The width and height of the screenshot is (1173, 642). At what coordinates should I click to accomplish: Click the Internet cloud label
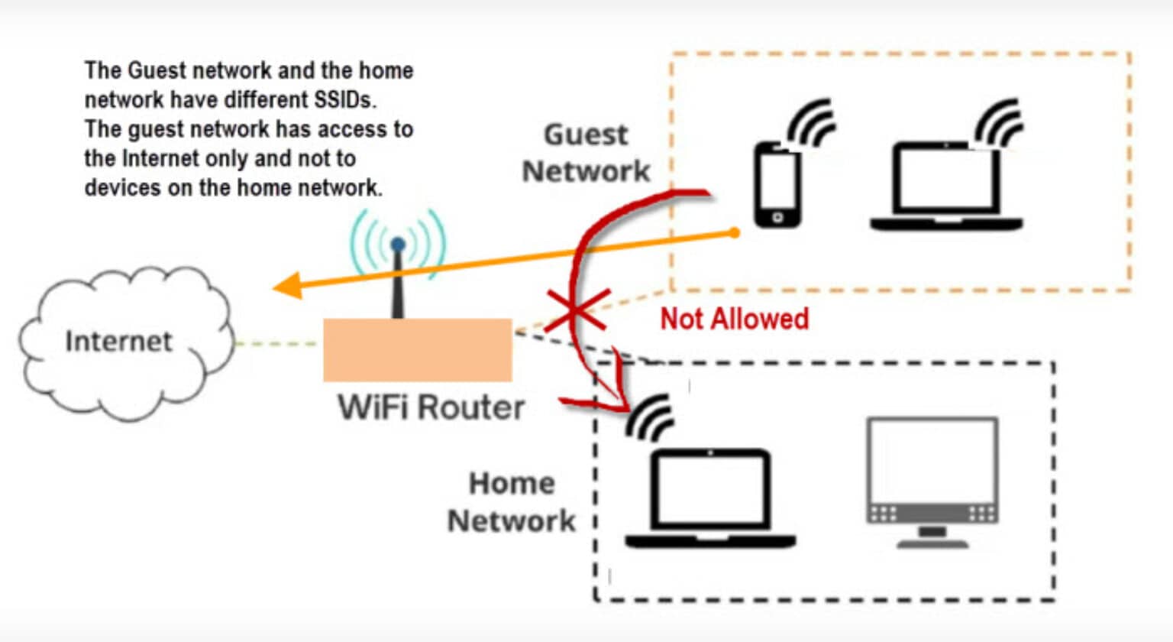[x=118, y=341]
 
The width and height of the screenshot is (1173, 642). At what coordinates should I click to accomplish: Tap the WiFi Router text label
[x=431, y=407]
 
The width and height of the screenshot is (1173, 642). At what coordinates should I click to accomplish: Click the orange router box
[x=417, y=350]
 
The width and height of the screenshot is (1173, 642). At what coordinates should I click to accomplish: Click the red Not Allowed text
[x=734, y=319]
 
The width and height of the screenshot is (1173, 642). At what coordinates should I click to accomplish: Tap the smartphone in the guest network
[x=777, y=184]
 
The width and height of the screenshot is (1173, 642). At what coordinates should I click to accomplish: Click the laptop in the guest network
[x=945, y=188]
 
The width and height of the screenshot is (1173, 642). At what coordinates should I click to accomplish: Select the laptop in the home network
[x=710, y=498]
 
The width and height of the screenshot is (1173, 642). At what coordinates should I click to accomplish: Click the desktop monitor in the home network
[x=932, y=470]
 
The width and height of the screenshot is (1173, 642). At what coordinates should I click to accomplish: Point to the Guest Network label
[x=586, y=153]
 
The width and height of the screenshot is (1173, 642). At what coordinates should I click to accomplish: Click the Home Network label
[x=511, y=502]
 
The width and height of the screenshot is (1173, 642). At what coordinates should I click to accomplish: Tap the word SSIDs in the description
[x=344, y=99]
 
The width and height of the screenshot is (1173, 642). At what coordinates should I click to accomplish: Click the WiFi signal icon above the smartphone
[x=811, y=122]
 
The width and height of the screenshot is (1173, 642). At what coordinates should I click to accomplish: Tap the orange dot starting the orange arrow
[x=734, y=232]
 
